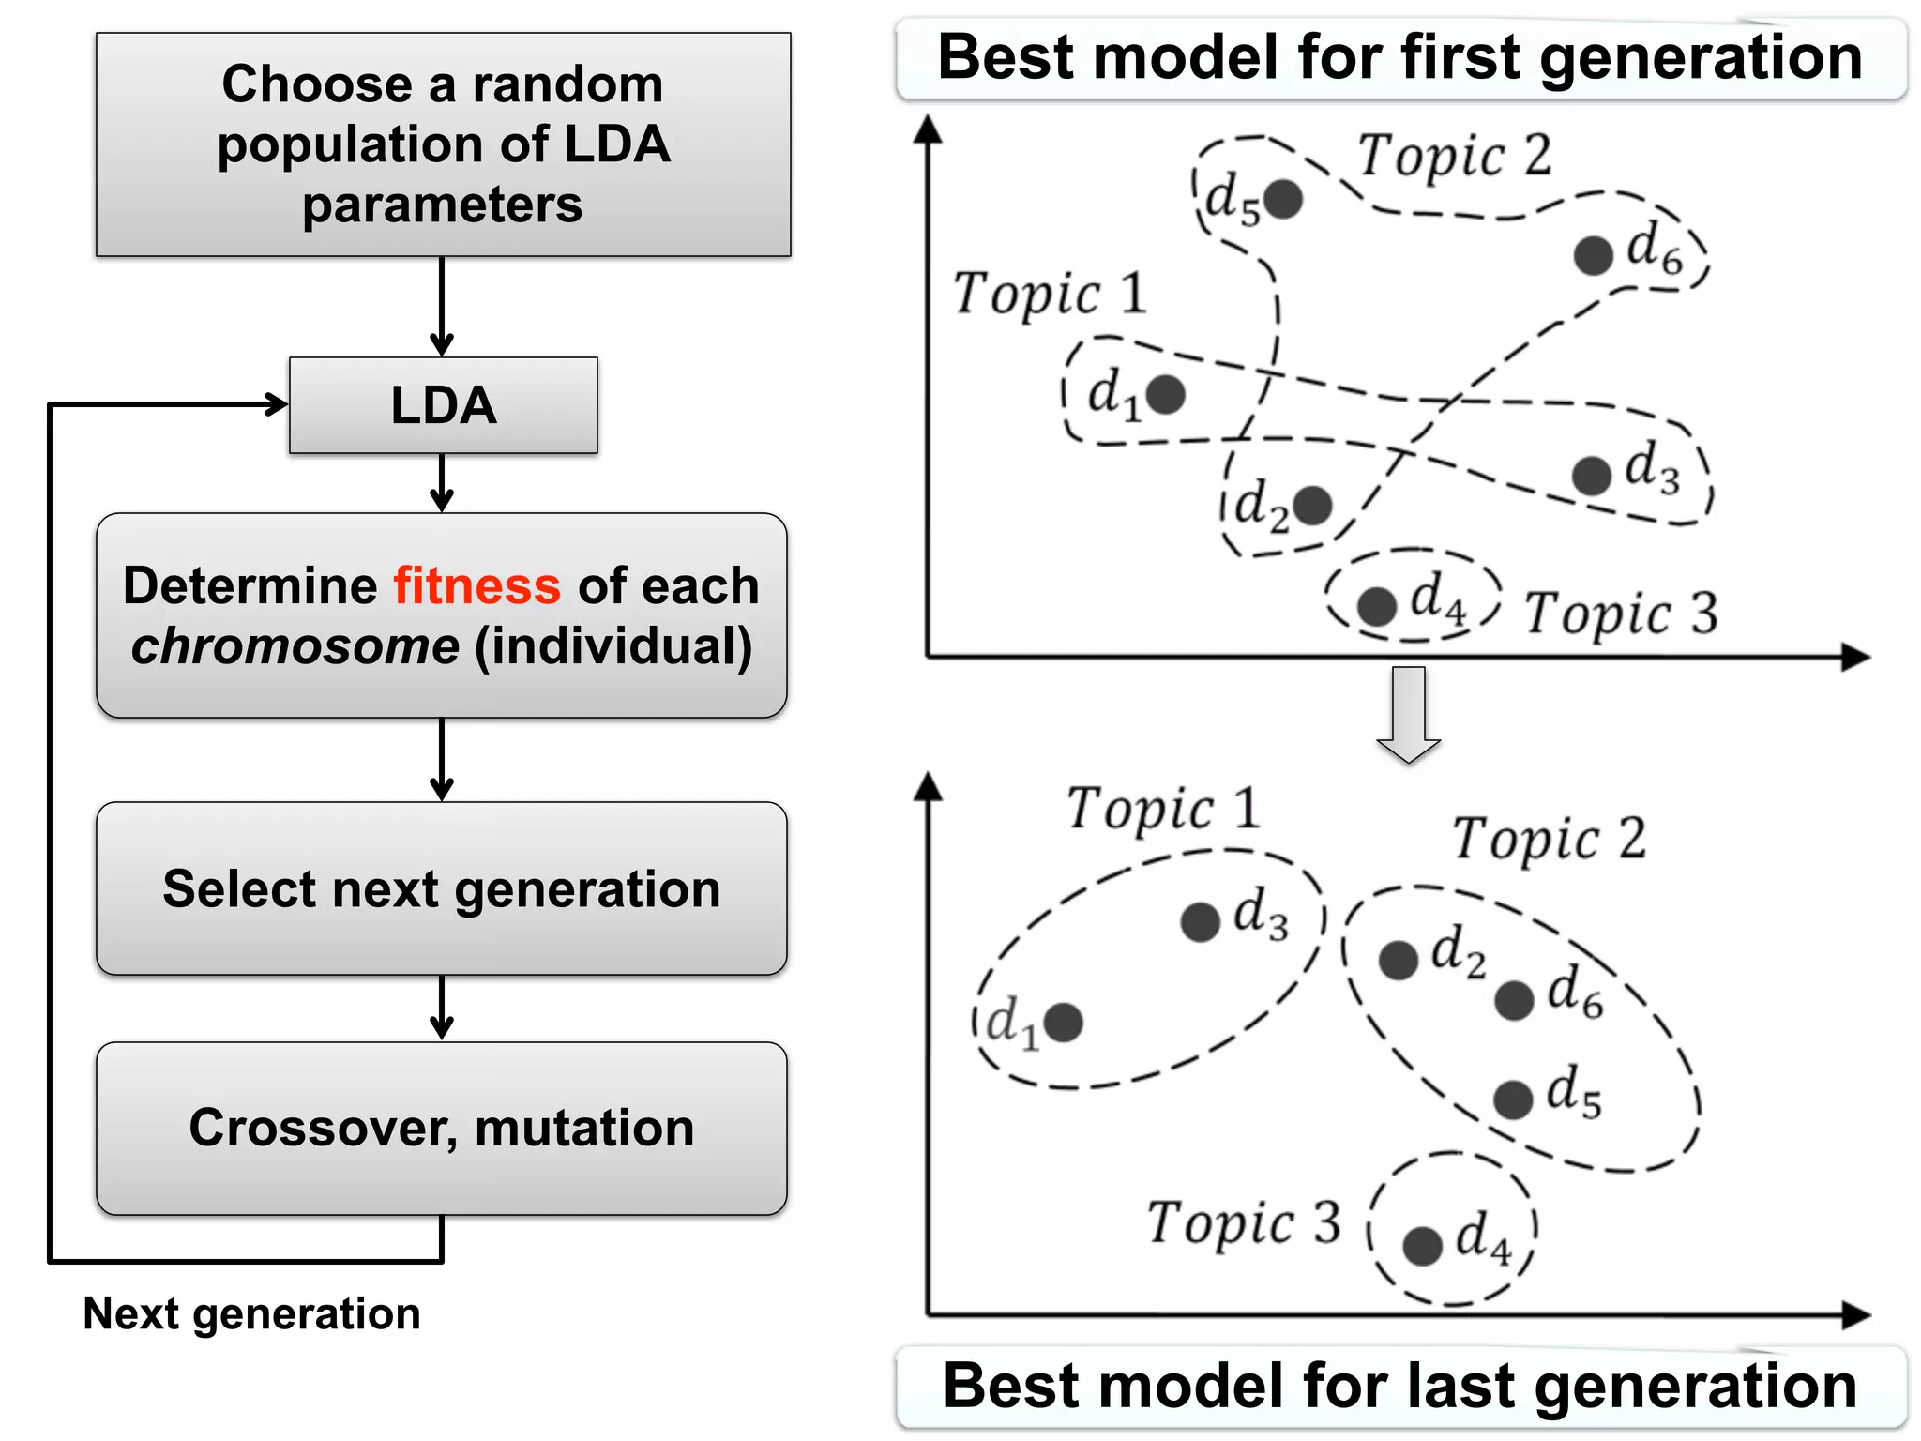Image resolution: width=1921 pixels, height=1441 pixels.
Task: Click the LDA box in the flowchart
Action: [443, 405]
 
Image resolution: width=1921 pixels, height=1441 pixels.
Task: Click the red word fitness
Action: [476, 586]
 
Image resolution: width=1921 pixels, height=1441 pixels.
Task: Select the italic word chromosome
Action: [295, 646]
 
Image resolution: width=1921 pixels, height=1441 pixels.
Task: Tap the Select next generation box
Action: [441, 888]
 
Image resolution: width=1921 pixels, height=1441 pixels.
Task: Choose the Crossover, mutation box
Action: [441, 1128]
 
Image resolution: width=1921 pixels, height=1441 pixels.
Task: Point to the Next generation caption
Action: [251, 1313]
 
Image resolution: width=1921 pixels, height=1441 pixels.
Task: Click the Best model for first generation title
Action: [1400, 58]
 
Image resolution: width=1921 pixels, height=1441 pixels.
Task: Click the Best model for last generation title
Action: [1400, 1387]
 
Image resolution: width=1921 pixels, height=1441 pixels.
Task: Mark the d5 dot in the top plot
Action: [1282, 199]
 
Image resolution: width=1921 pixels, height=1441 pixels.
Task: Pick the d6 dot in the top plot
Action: [1593, 255]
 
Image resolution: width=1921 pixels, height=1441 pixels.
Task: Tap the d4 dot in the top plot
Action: [1377, 607]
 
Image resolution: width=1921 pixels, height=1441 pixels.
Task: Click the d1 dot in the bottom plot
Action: [1063, 1022]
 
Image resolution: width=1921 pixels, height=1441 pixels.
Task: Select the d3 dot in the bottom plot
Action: [1200, 921]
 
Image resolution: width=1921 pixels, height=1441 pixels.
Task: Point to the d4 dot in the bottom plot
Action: [1422, 1246]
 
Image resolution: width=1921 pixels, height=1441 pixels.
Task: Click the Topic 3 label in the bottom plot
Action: [1244, 1223]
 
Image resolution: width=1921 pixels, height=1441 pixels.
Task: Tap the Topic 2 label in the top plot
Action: [1455, 156]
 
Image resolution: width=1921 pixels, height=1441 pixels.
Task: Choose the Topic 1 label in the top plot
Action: [1050, 294]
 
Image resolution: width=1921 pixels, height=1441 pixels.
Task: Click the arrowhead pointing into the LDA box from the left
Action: [278, 404]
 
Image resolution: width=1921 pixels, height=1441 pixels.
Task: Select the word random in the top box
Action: [567, 84]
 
